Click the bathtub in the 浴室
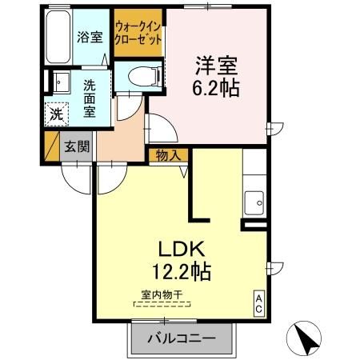click(x=58, y=37)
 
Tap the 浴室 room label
click(x=90, y=37)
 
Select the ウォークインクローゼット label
click(x=138, y=33)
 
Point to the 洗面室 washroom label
click(x=90, y=98)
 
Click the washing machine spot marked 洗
click(x=57, y=114)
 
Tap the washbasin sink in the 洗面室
click(x=62, y=82)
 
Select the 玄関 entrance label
click(x=77, y=146)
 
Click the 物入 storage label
click(x=168, y=155)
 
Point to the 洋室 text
click(x=216, y=66)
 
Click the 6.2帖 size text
click(x=216, y=87)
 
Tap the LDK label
click(x=182, y=249)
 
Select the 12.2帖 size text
click(x=182, y=271)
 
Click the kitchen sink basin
click(x=254, y=202)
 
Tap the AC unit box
click(x=258, y=304)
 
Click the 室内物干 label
click(x=162, y=294)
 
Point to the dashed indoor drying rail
click(x=162, y=304)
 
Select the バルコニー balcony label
click(x=182, y=339)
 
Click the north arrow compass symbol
click(x=304, y=338)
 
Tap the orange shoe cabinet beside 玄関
click(x=52, y=146)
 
